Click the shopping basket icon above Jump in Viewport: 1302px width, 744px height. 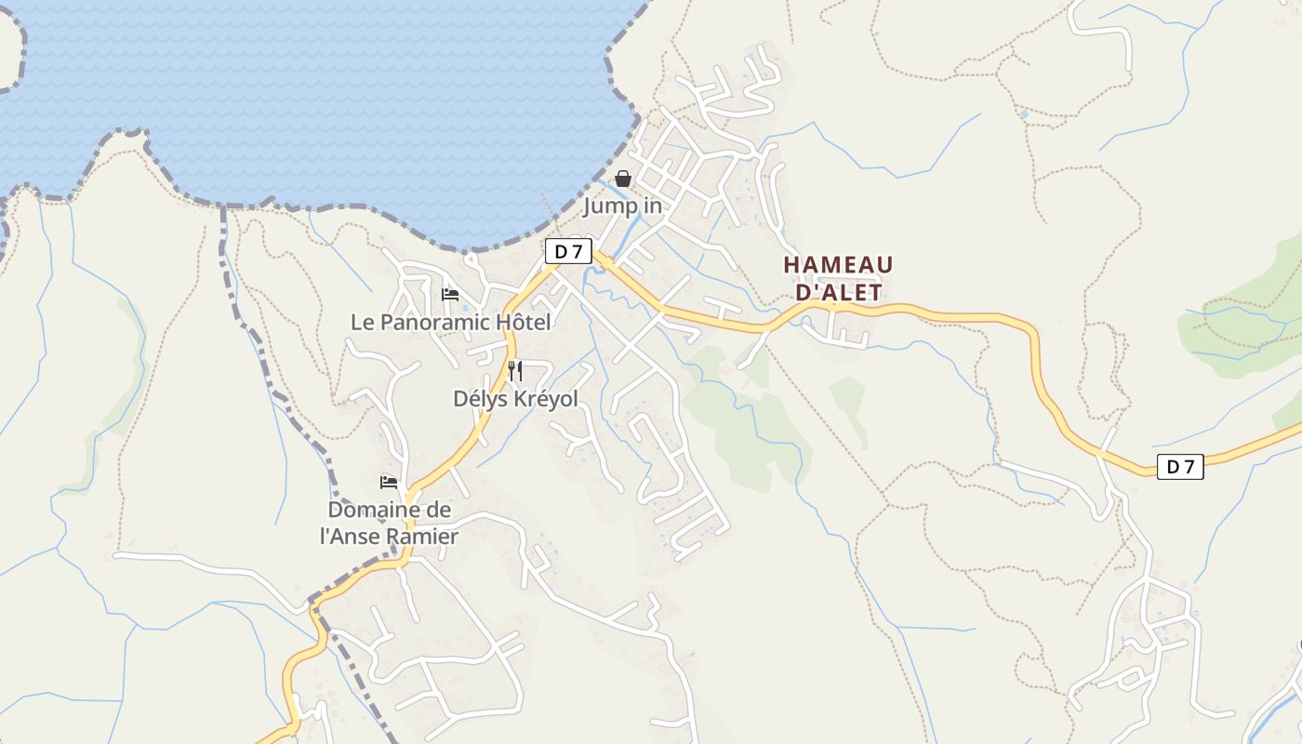click(623, 179)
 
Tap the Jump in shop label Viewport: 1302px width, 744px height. click(623, 206)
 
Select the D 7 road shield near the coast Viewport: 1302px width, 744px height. click(567, 251)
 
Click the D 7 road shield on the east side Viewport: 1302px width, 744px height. click(1180, 467)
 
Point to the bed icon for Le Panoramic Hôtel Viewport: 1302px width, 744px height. click(450, 295)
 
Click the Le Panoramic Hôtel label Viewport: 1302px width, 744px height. click(450, 323)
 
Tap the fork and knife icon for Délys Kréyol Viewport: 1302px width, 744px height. click(515, 371)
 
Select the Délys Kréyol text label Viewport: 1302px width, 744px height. click(515, 399)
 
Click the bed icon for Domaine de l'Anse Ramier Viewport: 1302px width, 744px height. click(389, 483)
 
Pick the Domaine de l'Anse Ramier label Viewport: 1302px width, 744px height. click(389, 524)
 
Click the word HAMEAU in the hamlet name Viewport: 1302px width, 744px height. click(838, 265)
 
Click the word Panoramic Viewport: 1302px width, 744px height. click(434, 323)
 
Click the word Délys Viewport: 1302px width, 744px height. click(480, 399)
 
